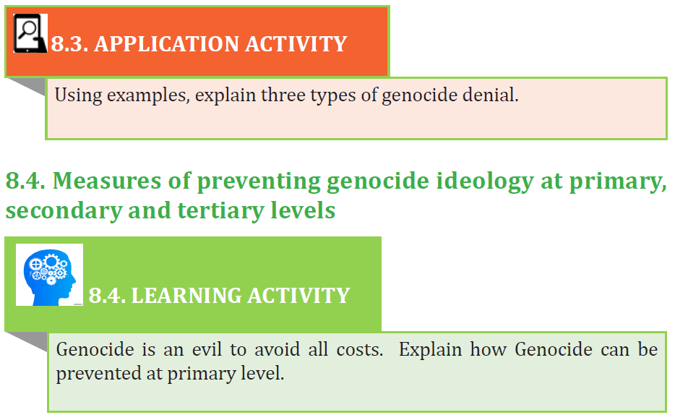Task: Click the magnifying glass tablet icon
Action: point(30,33)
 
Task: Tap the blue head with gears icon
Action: point(50,275)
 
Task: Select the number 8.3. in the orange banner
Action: point(69,44)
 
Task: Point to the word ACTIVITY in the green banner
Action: point(298,295)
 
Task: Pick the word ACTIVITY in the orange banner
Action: point(296,44)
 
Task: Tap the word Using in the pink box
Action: point(78,95)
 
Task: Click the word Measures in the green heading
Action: point(107,180)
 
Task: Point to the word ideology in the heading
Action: point(485,181)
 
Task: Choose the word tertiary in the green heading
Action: point(220,211)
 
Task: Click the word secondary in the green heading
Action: point(63,211)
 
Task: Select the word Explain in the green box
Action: point(430,350)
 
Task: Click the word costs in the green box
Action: point(359,350)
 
